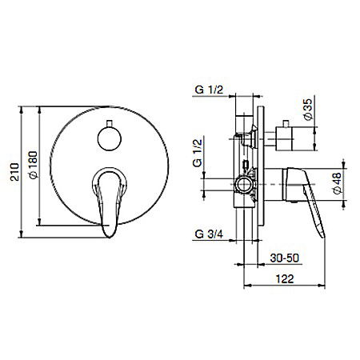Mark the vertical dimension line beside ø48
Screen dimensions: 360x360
[x=329, y=185]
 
